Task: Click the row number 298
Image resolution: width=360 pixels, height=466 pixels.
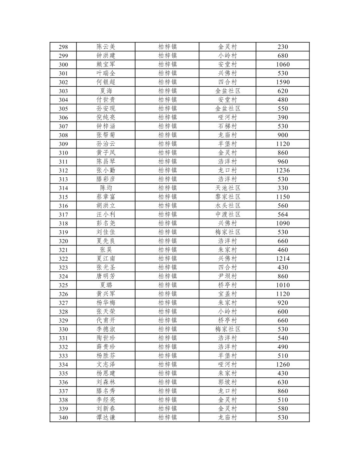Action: [x=63, y=47]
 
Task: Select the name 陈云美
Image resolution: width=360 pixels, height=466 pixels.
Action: [x=106, y=47]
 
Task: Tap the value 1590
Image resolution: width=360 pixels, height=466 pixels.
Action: [x=282, y=82]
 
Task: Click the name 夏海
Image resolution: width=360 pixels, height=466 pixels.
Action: [x=106, y=91]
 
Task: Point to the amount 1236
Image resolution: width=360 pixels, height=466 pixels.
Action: [x=282, y=170]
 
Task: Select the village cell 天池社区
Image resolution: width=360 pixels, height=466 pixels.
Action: [x=227, y=188]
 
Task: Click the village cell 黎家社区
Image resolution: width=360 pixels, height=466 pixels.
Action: [x=227, y=197]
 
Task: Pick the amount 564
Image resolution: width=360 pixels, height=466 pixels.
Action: [x=282, y=214]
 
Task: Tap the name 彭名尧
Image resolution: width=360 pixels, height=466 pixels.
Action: [x=106, y=223]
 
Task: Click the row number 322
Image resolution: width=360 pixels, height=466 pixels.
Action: [x=63, y=259]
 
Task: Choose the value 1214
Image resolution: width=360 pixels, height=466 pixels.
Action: [x=282, y=259]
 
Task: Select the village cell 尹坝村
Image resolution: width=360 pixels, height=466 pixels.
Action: [x=227, y=276]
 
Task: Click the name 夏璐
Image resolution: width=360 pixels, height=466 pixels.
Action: [x=106, y=285]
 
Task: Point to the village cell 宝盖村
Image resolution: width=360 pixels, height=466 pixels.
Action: [x=227, y=294]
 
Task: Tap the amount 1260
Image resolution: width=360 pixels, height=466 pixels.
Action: [x=282, y=365]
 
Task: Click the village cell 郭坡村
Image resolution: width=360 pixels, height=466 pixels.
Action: [x=227, y=382]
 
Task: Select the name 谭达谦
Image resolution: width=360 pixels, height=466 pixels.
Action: [x=106, y=417]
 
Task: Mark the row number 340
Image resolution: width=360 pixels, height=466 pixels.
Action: [x=63, y=417]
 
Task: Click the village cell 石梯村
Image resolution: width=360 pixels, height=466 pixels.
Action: [x=227, y=126]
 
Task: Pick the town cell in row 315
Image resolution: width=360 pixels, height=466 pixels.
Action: [x=167, y=197]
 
